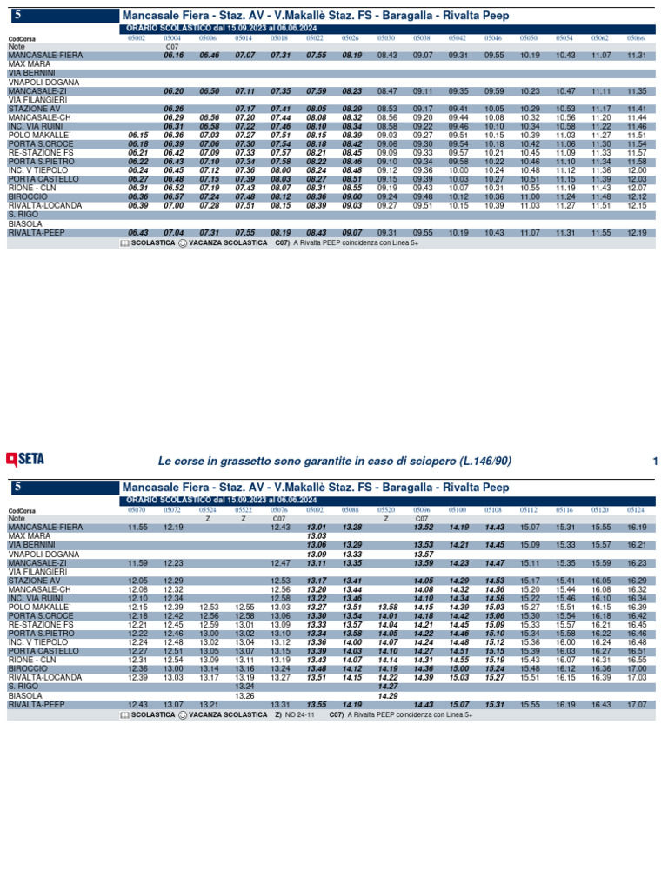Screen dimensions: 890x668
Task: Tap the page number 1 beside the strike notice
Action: [x=654, y=460]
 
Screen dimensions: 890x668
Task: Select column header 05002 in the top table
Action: [x=137, y=38]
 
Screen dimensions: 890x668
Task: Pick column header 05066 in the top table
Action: [x=636, y=38]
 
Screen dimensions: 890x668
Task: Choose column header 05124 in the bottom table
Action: [x=636, y=510]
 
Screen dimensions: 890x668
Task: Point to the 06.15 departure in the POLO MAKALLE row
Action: [x=137, y=136]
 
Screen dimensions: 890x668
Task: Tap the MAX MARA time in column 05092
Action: [x=316, y=536]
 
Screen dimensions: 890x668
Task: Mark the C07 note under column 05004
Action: [x=172, y=47]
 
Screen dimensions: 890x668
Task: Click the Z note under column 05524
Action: [x=209, y=519]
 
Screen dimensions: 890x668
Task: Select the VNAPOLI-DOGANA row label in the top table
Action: [x=43, y=82]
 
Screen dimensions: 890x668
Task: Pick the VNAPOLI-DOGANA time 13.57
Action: [x=424, y=554]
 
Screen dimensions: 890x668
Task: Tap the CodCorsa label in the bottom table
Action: [x=22, y=511]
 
